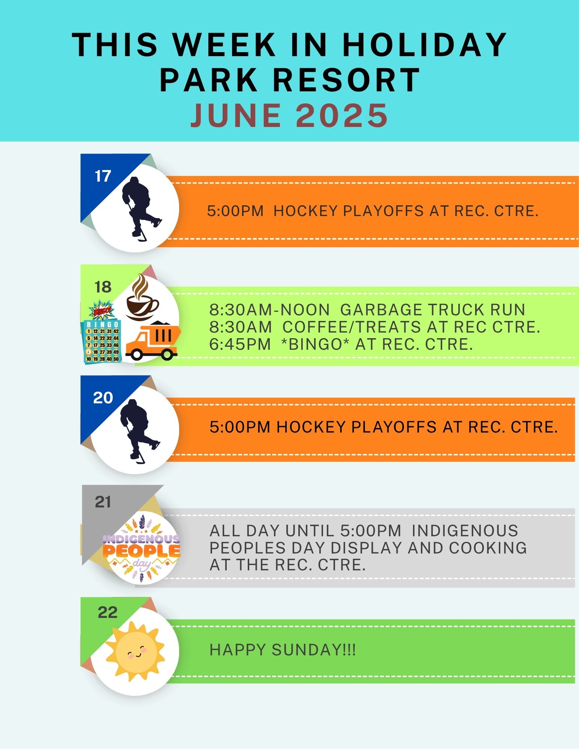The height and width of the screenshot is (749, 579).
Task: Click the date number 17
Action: pyautogui.click(x=103, y=176)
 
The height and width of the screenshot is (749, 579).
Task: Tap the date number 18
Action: pyautogui.click(x=103, y=287)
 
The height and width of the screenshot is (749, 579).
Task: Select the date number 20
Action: pyautogui.click(x=103, y=398)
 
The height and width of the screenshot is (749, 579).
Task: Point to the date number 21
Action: pyautogui.click(x=103, y=502)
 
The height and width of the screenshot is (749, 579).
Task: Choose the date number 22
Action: pyautogui.click(x=108, y=612)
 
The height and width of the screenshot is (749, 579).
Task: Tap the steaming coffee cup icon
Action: pyautogui.click(x=142, y=297)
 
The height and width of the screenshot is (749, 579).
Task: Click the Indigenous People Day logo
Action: pyautogui.click(x=142, y=548)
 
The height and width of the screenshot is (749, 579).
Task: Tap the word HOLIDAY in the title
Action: pyautogui.click(x=425, y=45)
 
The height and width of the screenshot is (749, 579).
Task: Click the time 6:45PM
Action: pyautogui.click(x=240, y=344)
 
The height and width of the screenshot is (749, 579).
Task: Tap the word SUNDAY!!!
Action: pyautogui.click(x=314, y=650)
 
